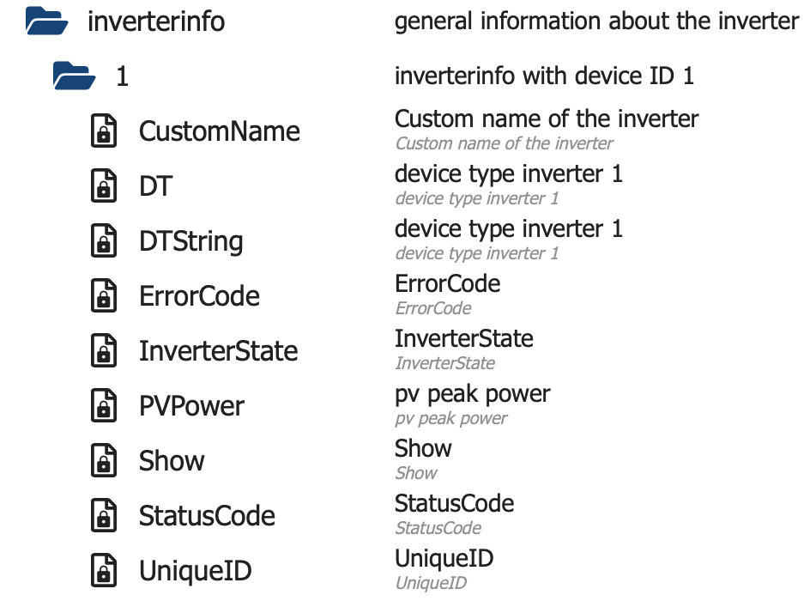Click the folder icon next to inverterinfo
[46, 20]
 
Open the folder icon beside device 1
[74, 76]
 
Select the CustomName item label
[220, 131]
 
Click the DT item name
[155, 186]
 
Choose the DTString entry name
[190, 241]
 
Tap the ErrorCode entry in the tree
[199, 296]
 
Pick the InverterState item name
[218, 351]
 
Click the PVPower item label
[191, 406]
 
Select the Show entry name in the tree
[172, 461]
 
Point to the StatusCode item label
[207, 516]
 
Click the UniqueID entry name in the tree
[195, 571]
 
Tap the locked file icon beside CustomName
[104, 131]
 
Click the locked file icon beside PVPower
[104, 406]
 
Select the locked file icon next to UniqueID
[104, 571]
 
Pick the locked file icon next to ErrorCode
[104, 296]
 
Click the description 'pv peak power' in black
[472, 394]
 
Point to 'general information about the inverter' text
[596, 21]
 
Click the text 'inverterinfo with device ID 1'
[544, 76]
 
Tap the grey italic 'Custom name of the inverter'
[504, 143]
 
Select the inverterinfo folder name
[156, 21]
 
